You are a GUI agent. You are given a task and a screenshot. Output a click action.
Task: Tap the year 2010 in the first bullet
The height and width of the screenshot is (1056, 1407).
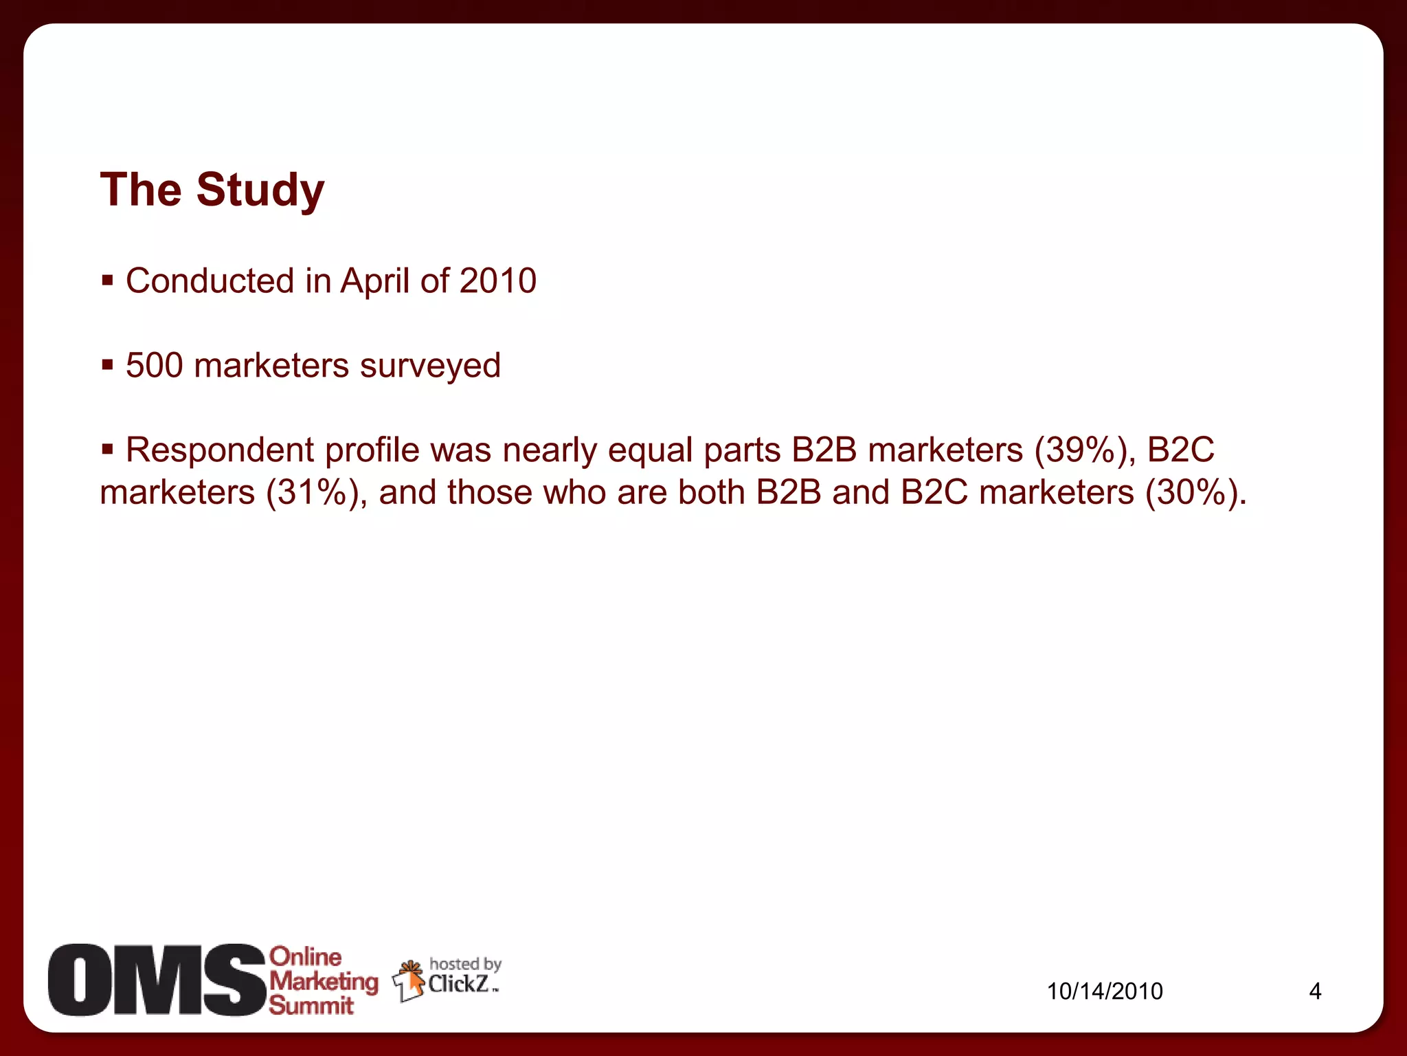coord(497,281)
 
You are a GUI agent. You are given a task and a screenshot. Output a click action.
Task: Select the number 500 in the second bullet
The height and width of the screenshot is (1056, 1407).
coord(154,365)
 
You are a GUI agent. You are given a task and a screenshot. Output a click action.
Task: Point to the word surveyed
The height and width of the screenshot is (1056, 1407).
coord(430,366)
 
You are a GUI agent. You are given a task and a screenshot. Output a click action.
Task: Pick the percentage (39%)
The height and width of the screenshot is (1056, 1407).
coord(1085,451)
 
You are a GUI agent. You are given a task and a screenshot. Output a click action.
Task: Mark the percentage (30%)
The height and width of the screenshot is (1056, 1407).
coord(1195,493)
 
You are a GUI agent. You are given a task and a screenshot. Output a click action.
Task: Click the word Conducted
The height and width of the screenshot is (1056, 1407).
coord(210,281)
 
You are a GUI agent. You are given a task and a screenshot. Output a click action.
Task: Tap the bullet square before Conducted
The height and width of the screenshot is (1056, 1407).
coord(107,280)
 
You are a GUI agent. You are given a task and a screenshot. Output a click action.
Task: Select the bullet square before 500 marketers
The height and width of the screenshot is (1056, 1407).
coord(107,364)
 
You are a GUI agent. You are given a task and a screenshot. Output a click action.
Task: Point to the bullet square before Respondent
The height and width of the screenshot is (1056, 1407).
coord(107,450)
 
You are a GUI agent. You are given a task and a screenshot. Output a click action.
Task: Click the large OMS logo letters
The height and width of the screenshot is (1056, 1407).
coord(157,980)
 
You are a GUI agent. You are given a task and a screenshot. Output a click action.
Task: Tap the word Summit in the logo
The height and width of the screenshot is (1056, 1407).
coord(311,1006)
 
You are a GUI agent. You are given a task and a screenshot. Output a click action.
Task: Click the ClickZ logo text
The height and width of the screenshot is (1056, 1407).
coord(458,984)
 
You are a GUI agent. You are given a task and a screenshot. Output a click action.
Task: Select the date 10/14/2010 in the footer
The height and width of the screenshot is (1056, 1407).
coord(1105,991)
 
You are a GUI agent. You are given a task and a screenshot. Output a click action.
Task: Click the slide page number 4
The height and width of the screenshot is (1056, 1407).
coord(1315,991)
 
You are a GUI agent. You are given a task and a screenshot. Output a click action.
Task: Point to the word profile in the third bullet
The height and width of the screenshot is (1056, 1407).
coord(372,451)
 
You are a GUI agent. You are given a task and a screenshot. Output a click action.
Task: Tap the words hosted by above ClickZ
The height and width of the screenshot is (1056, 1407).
coord(465,964)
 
